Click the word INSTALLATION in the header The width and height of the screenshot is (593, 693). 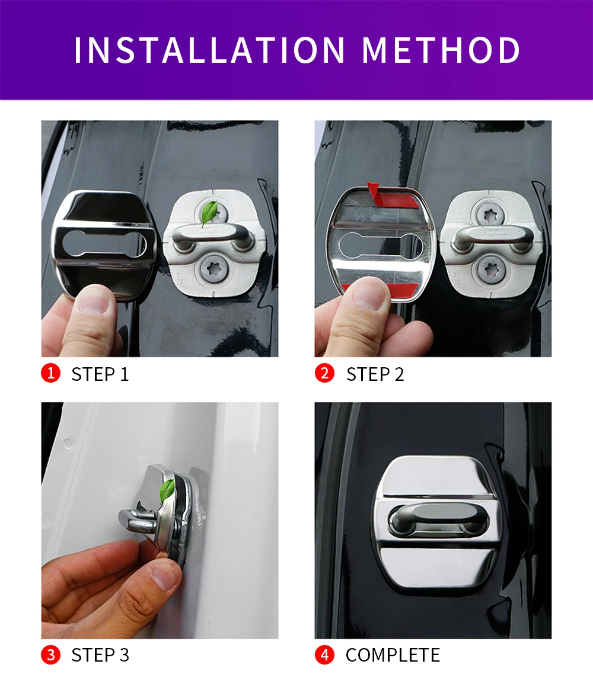pyautogui.click(x=209, y=50)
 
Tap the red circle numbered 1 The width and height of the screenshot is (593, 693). pyautogui.click(x=51, y=373)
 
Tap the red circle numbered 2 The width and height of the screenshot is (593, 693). pyautogui.click(x=325, y=373)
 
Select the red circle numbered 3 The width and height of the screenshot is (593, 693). pyautogui.click(x=51, y=654)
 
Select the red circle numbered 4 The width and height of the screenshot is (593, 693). pyautogui.click(x=325, y=654)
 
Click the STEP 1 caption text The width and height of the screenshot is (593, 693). pyautogui.click(x=100, y=374)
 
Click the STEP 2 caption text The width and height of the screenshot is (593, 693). pyautogui.click(x=375, y=374)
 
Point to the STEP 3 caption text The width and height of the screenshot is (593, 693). pyautogui.click(x=100, y=655)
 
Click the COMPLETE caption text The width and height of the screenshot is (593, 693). pyautogui.click(x=393, y=655)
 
